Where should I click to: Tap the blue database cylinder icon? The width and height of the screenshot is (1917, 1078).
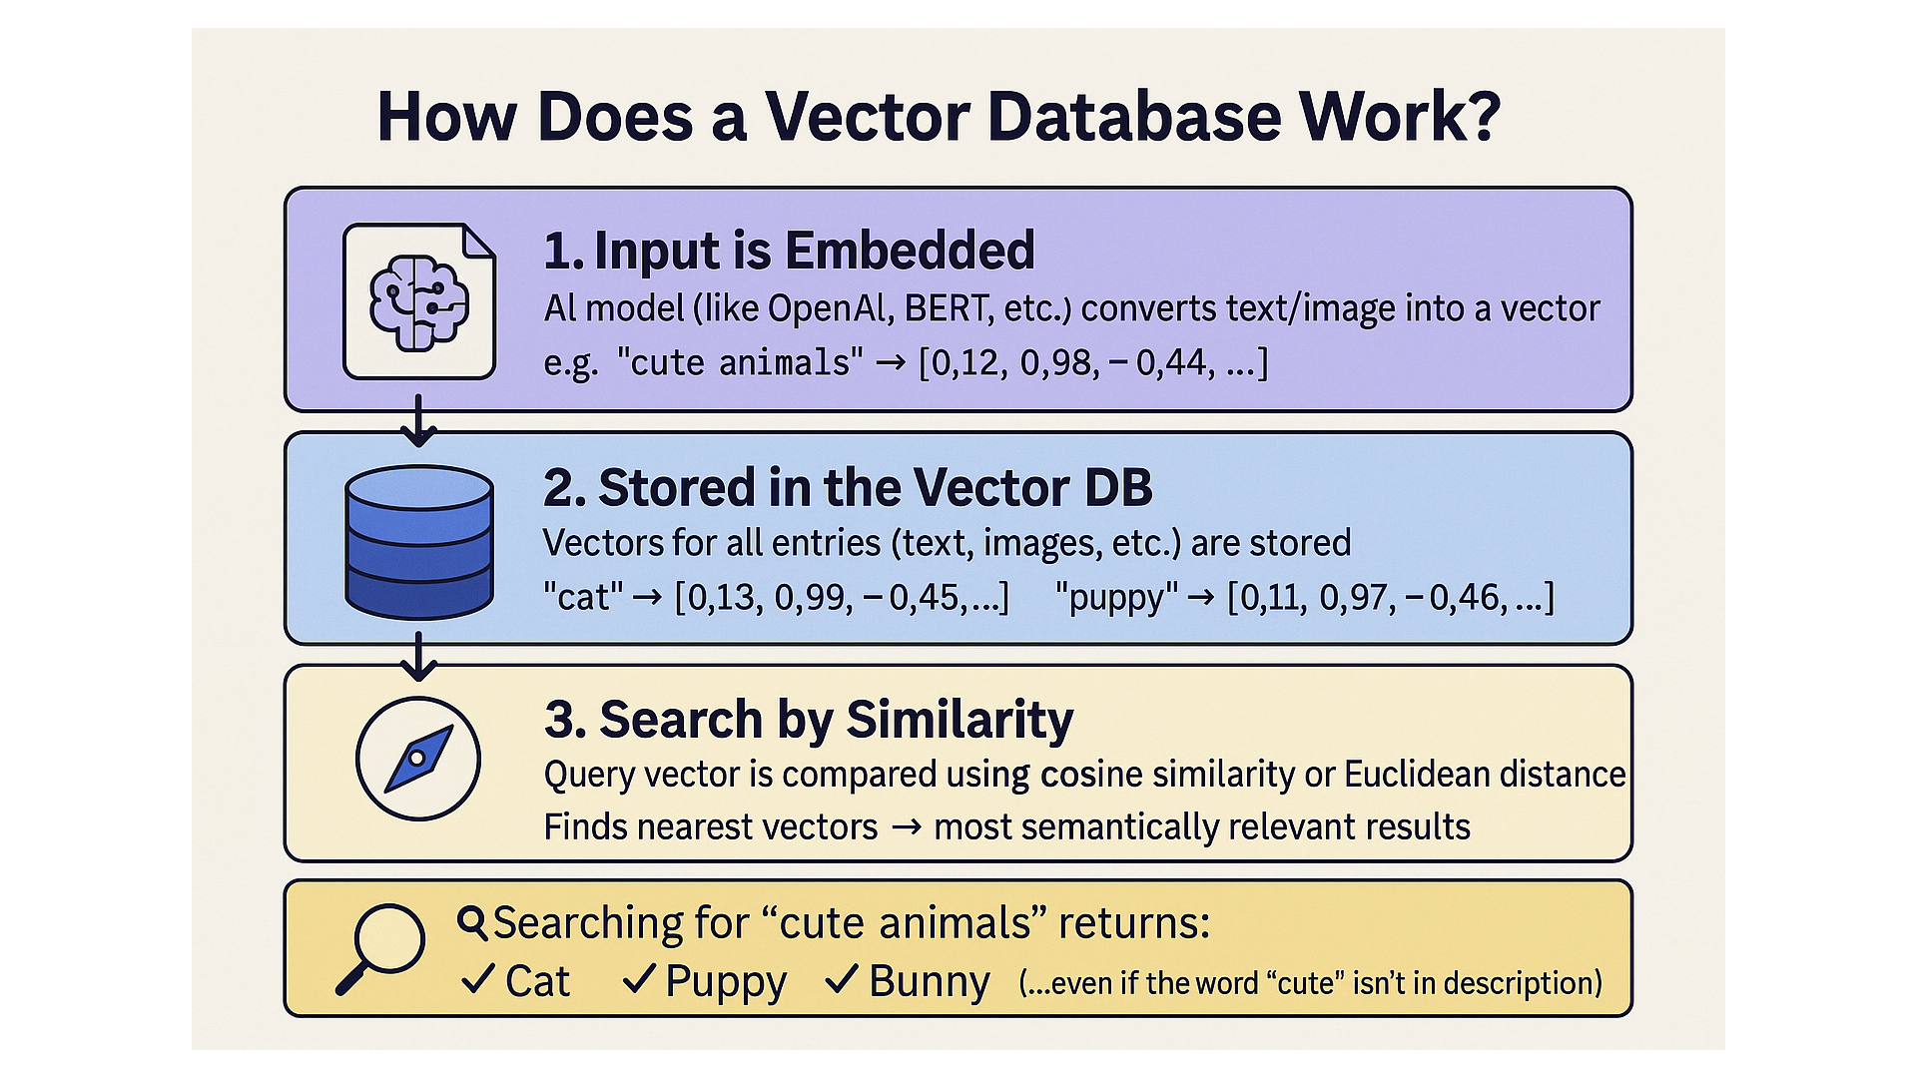click(x=419, y=542)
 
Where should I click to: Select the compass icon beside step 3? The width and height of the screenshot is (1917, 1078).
click(x=418, y=759)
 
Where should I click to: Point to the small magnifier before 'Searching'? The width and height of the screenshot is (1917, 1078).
click(x=472, y=923)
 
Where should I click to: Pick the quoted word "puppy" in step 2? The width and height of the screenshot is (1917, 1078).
click(x=1116, y=598)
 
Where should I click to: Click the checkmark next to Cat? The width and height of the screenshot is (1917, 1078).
click(x=478, y=979)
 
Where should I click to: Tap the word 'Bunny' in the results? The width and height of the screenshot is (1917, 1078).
click(x=929, y=981)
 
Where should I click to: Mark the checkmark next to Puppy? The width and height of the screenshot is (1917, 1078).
click(x=639, y=979)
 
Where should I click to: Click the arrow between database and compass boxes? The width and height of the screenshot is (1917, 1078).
click(x=419, y=655)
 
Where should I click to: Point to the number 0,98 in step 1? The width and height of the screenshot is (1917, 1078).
click(x=1058, y=362)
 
